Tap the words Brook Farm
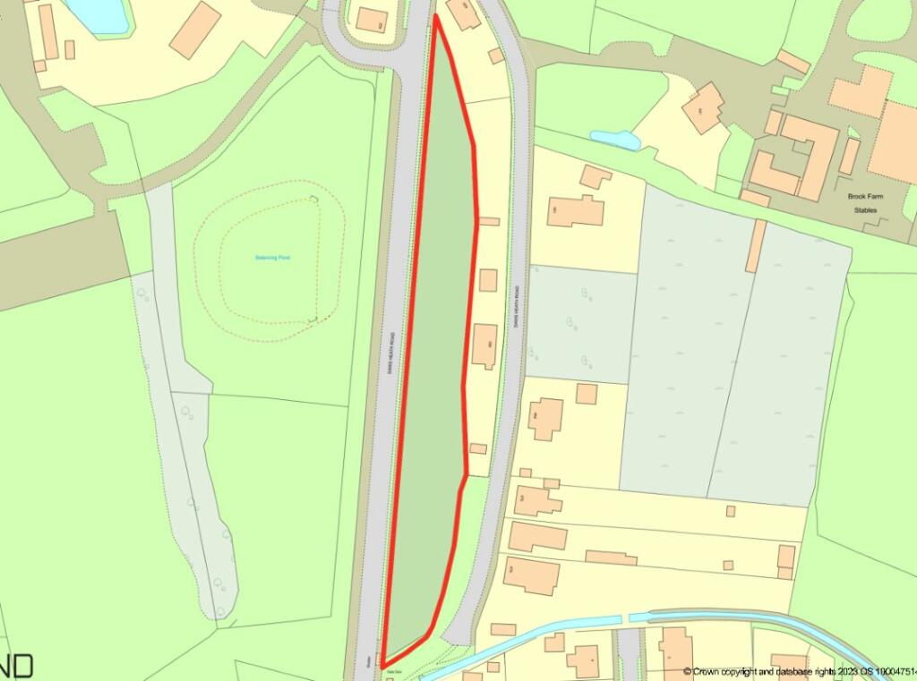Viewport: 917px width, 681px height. click(x=865, y=196)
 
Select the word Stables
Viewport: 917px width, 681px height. click(x=865, y=210)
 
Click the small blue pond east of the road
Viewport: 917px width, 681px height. click(x=614, y=139)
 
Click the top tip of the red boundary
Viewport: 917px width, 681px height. click(x=435, y=16)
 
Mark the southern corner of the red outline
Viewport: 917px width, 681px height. click(x=384, y=660)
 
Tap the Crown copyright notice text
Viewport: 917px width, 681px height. click(x=797, y=671)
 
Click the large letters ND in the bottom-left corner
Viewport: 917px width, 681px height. click(x=17, y=666)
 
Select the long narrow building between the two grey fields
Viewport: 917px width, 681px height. click(x=757, y=245)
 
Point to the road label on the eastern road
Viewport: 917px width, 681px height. click(x=517, y=310)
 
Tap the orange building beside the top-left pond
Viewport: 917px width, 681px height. click(x=195, y=30)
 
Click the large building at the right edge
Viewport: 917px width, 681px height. click(x=896, y=143)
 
